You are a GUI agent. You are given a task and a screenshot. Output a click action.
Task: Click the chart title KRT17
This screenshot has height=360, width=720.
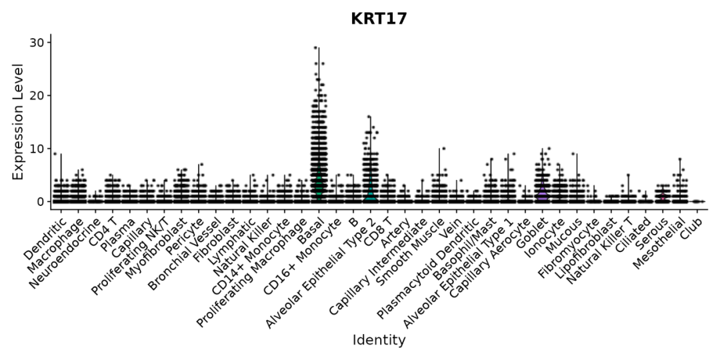click(379, 19)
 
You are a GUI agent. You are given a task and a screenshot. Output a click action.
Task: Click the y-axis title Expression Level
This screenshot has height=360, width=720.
click(18, 121)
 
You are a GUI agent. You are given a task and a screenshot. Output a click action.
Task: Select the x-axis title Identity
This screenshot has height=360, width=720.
click(379, 340)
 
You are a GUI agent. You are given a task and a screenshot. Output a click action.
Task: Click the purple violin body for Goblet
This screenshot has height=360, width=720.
click(543, 193)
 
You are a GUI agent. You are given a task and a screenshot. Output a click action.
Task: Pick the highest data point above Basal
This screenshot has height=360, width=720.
click(315, 48)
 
